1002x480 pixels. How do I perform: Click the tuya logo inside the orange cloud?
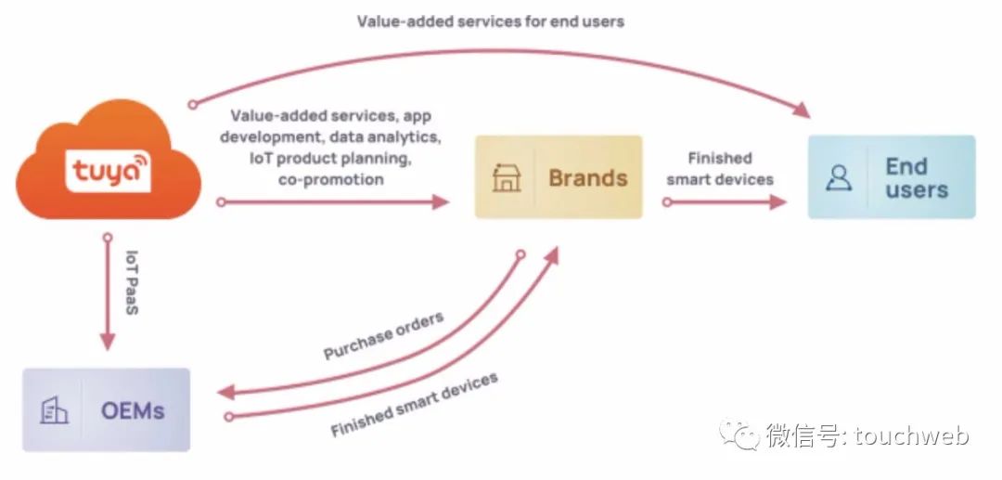pos(108,171)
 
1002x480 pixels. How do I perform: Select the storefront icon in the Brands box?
pos(507,177)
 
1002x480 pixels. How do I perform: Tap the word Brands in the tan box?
pos(588,177)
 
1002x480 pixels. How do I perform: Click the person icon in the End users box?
pos(839,177)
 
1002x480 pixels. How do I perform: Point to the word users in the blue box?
pos(917,189)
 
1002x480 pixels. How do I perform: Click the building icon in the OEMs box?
pos(55,410)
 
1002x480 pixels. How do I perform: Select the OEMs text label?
pos(133,410)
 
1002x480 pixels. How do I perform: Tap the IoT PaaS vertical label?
pos(132,282)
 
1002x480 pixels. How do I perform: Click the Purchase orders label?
pos(383,336)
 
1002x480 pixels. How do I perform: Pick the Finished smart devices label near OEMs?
pos(414,405)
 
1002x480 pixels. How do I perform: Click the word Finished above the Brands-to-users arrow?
pos(720,159)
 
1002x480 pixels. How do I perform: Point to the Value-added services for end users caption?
pos(490,21)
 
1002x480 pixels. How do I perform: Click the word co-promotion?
pos(331,179)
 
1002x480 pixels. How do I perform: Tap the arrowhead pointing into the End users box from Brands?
pos(777,202)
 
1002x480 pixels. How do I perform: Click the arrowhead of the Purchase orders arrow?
pos(226,392)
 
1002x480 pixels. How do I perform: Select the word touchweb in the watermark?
pos(911,435)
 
